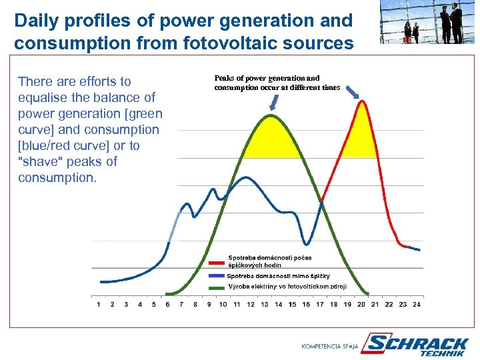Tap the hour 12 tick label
click(x=251, y=305)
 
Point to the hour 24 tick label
click(x=417, y=305)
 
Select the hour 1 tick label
click(x=99, y=305)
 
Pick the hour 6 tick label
click(x=167, y=305)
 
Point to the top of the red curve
click(x=363, y=102)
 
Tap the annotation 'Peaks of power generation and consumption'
click(x=277, y=83)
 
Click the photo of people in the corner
click(x=427, y=21)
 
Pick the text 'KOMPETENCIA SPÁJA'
click(x=330, y=346)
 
